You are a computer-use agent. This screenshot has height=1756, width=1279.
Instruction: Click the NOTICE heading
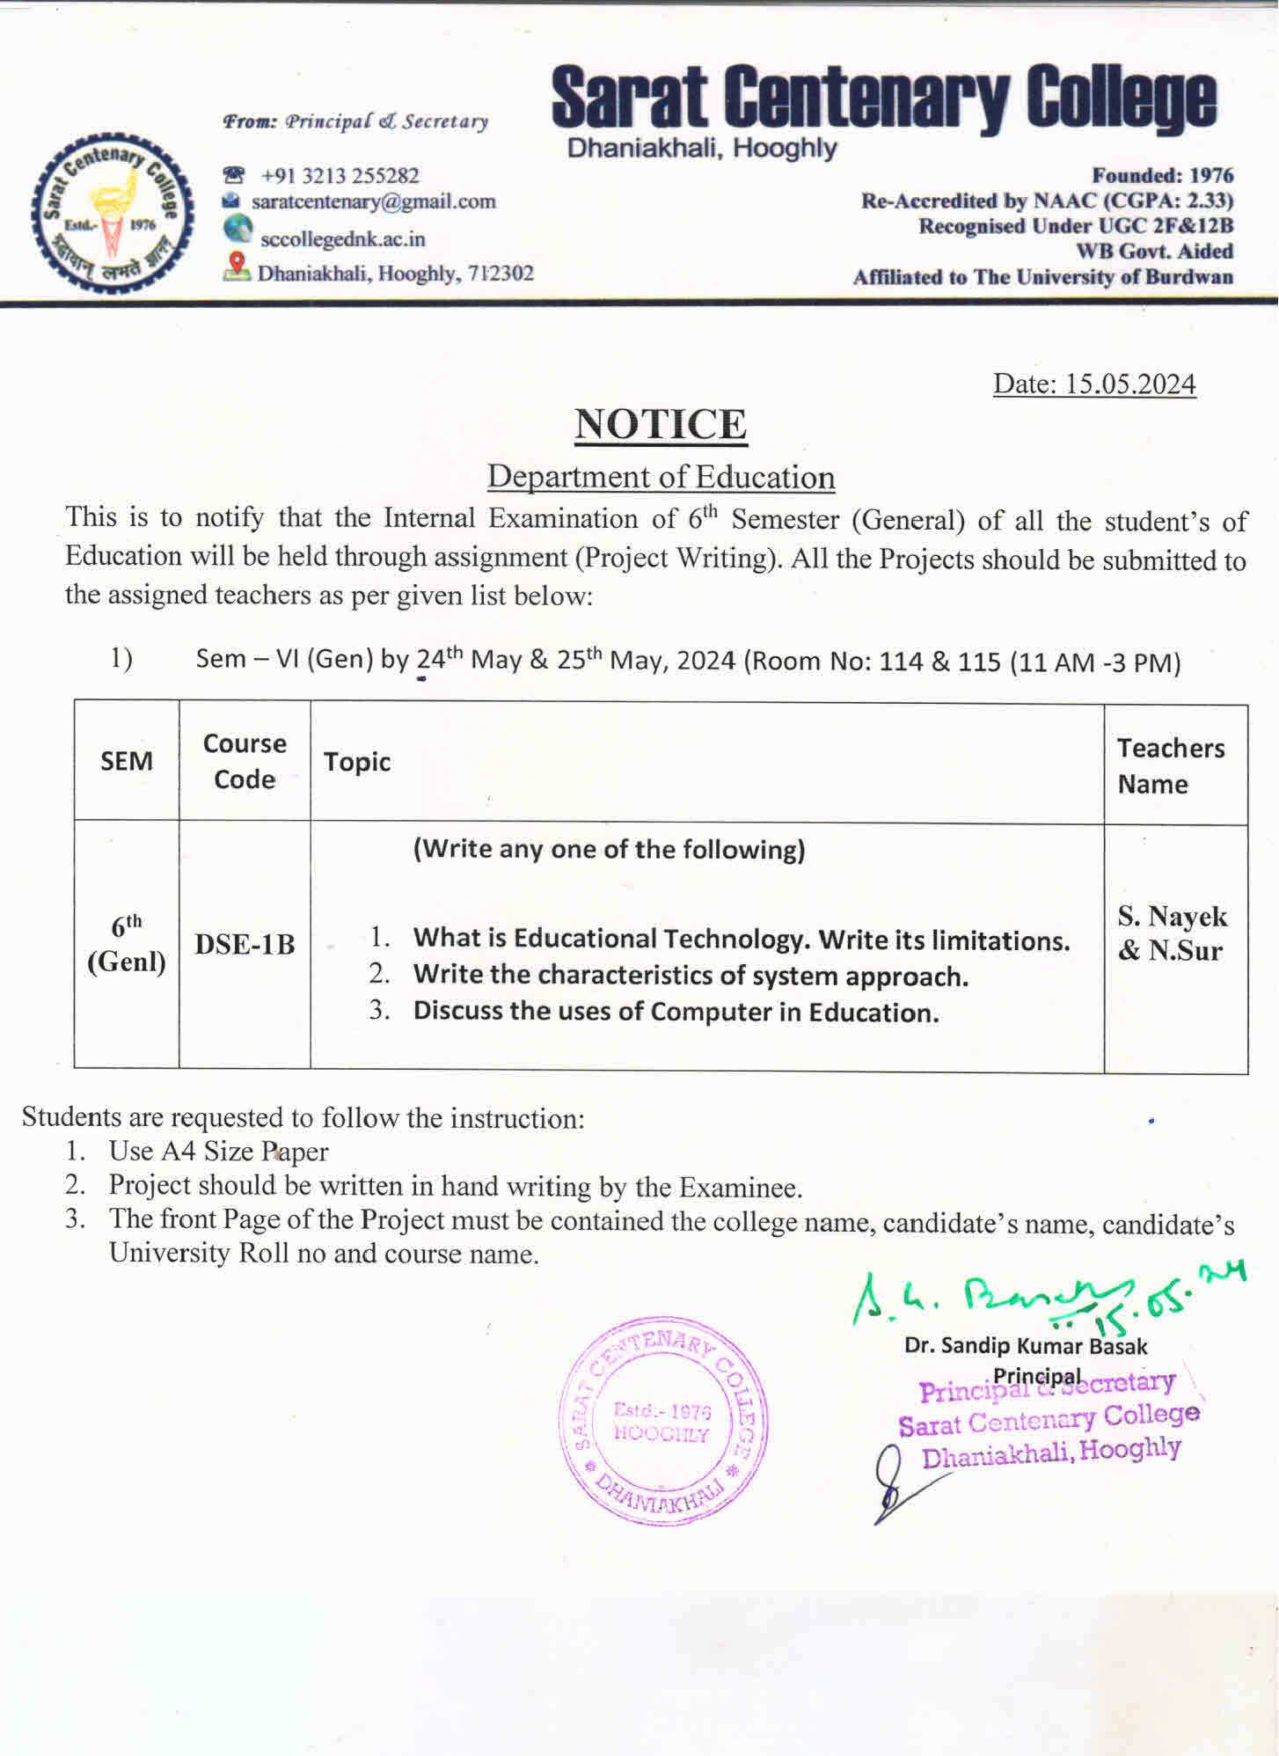661,424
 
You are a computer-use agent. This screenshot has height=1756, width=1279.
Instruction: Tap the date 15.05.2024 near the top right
1094,384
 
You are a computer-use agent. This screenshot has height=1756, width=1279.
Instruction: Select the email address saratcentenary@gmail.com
373,202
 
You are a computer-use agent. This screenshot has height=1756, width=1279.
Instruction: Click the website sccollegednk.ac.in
342,238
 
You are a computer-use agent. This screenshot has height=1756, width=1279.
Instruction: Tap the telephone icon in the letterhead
233,175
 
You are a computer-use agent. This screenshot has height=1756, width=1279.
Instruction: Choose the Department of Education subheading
661,477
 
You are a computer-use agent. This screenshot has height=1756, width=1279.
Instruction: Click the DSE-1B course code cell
245,944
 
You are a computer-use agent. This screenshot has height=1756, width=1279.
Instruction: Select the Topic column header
357,762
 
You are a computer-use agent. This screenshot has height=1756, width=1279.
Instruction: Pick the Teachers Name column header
1170,765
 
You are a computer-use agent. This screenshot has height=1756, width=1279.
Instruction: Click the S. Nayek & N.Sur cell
1172,933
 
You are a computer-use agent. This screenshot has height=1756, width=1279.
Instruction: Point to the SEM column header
127,761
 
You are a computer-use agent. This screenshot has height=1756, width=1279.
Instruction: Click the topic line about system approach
690,976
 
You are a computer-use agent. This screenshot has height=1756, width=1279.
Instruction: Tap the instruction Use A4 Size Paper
218,1151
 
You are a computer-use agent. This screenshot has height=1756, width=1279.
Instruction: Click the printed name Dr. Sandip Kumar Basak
1026,1346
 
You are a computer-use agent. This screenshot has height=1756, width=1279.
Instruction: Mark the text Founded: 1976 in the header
1162,175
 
